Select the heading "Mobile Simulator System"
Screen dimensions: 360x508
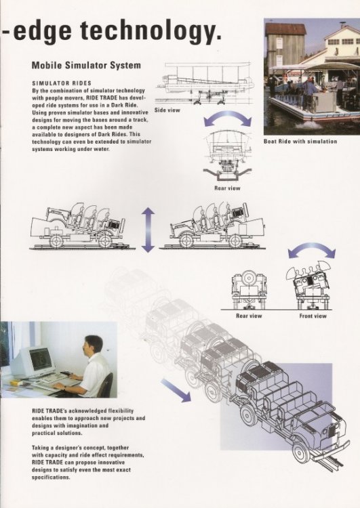(86, 65)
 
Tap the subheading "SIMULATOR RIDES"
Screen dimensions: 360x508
(62, 83)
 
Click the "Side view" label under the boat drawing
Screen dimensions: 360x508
(167, 110)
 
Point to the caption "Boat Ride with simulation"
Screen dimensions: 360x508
(300, 142)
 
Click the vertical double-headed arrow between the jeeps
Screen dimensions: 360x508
(148, 230)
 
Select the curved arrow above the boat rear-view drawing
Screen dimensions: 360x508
(228, 117)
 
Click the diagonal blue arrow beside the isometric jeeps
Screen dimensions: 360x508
(176, 390)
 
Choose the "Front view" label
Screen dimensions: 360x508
(313, 316)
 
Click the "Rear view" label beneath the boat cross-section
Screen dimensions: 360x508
(227, 188)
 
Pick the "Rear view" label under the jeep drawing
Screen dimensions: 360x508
(249, 316)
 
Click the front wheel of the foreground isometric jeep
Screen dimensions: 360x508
(301, 451)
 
